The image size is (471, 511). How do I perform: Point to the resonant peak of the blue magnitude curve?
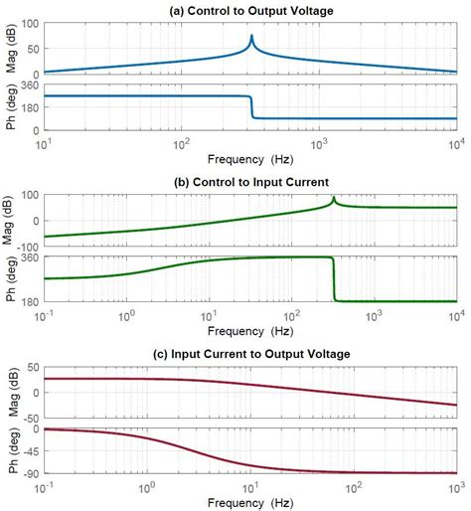(x=251, y=37)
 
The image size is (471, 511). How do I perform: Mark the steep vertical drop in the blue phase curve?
(x=252, y=107)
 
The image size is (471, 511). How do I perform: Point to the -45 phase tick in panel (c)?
(x=30, y=451)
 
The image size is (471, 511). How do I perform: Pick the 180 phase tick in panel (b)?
(x=30, y=301)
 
